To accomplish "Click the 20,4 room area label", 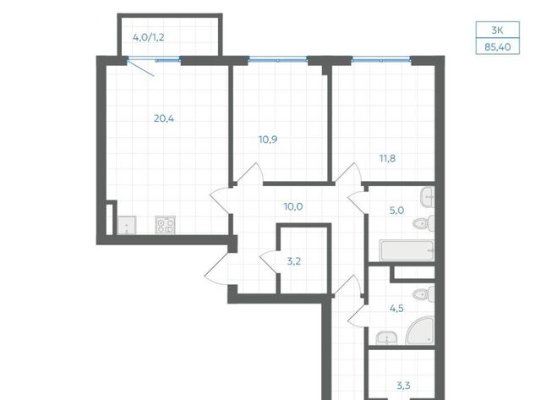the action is [x=164, y=119].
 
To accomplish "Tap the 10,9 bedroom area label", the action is [x=268, y=140].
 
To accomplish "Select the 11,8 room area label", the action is [x=387, y=159].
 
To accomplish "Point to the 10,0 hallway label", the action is [x=293, y=207].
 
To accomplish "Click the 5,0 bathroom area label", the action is [x=396, y=211].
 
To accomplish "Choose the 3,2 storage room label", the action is [x=294, y=261].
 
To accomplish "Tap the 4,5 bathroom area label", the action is [x=396, y=308].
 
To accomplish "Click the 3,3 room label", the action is [x=403, y=386].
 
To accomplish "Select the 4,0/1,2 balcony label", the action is [x=149, y=37].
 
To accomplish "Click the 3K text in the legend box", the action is [x=497, y=30].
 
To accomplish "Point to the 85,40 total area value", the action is [x=498, y=47].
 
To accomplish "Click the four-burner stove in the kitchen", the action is [x=166, y=225].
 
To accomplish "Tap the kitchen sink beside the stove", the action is [x=127, y=225].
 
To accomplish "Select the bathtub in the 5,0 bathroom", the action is [x=407, y=250].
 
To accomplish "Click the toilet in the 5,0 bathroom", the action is [x=424, y=223].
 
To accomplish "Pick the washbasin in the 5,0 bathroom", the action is [x=428, y=197].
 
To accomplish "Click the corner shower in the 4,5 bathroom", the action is [x=420, y=331].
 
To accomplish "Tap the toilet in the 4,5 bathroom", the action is [x=424, y=293].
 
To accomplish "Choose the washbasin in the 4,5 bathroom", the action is [x=387, y=337].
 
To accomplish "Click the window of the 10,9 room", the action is [x=278, y=60].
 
